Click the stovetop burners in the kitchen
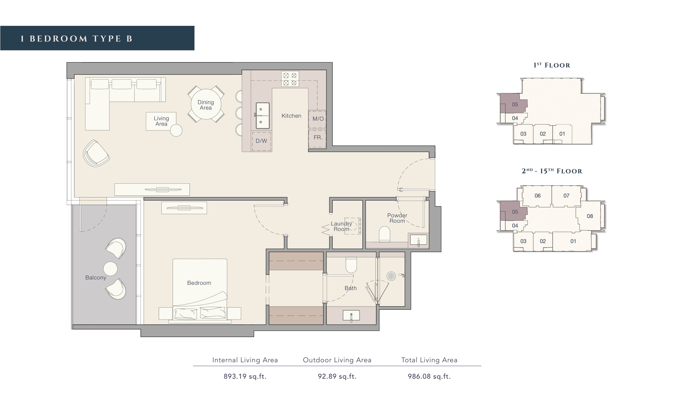[x=290, y=79]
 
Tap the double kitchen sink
[x=263, y=116]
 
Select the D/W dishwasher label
[x=261, y=141]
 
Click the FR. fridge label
[x=318, y=137]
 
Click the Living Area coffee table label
[x=161, y=121]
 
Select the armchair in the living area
[x=96, y=153]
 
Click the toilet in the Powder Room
[x=384, y=233]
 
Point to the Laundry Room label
[x=341, y=227]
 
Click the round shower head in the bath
[x=391, y=276]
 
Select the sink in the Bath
[x=351, y=316]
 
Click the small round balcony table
[x=110, y=269]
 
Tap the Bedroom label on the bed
[x=199, y=283]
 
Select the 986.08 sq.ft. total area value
[x=429, y=377]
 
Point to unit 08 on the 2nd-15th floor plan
[x=590, y=216]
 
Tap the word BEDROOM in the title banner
[x=58, y=39]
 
